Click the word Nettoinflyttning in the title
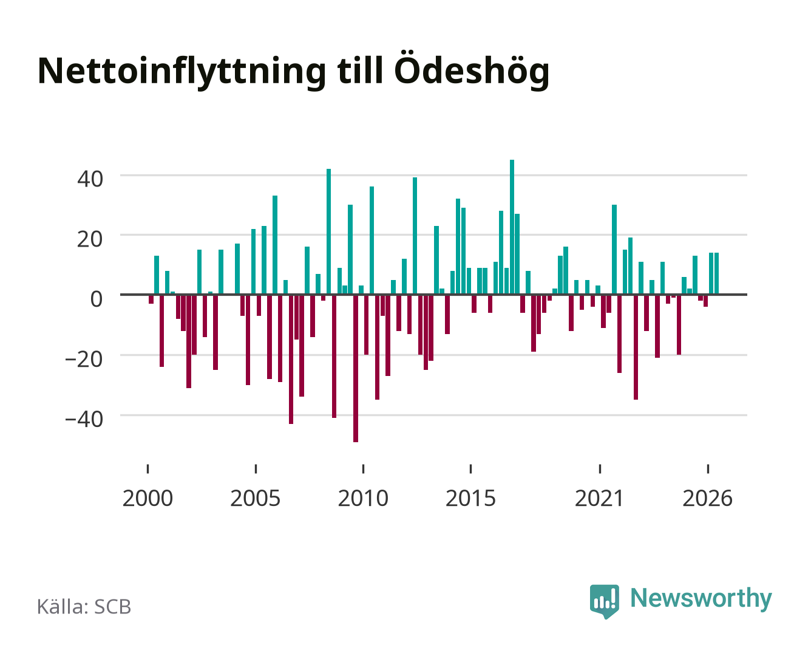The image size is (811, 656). [182, 72]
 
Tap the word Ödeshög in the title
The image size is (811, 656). [471, 70]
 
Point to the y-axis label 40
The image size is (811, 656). [90, 179]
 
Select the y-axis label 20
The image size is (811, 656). [90, 239]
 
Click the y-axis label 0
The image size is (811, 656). [97, 299]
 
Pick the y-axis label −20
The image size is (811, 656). [84, 359]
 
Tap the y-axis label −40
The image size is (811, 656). [84, 419]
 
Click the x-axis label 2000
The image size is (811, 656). [148, 498]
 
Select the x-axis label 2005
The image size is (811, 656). [256, 498]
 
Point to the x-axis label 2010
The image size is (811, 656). [363, 498]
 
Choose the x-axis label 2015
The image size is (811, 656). [470, 498]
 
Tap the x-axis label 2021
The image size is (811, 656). [600, 498]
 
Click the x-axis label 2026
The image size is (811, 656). [707, 498]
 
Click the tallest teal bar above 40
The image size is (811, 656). [512, 227]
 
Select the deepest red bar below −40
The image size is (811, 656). [356, 368]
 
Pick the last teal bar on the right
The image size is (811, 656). [716, 273]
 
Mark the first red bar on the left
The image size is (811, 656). [151, 299]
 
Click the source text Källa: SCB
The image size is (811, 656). [84, 606]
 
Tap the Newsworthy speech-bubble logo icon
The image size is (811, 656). [604, 601]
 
